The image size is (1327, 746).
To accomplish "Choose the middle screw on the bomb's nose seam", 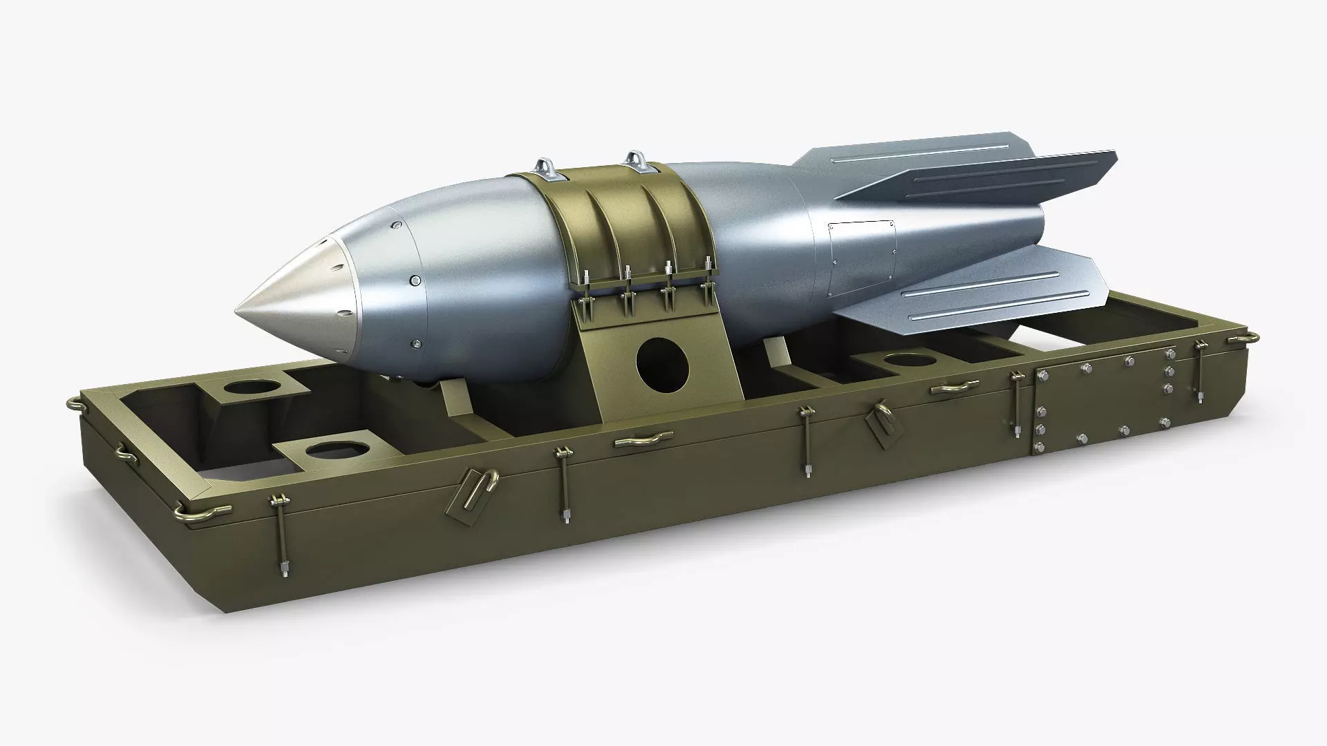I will [415, 280].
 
